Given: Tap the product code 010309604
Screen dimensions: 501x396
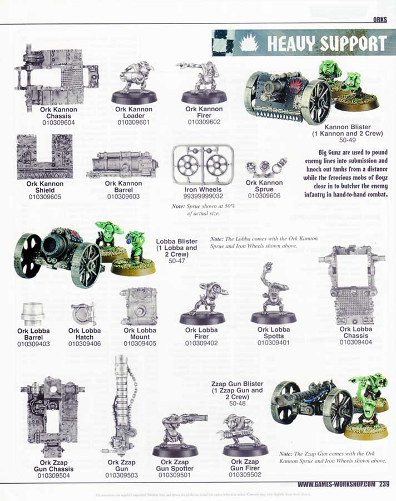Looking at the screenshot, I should point(58,122).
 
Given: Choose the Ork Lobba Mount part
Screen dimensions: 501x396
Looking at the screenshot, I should point(139,306).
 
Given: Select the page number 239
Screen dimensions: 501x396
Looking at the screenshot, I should point(384,484).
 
